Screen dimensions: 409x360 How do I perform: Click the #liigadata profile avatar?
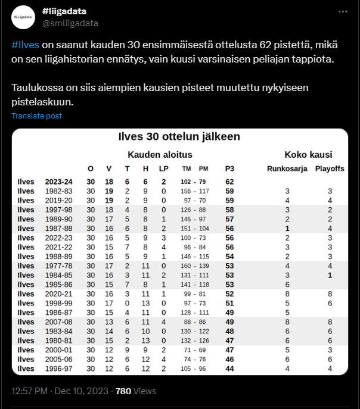[x=25, y=17]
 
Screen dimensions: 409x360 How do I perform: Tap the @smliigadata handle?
[x=70, y=23]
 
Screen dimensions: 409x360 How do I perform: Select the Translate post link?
[x=36, y=115]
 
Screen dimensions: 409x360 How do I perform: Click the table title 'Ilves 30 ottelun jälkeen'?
[x=179, y=137]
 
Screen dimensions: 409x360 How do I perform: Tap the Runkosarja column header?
[x=287, y=168]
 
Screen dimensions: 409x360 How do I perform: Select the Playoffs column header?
[x=330, y=168]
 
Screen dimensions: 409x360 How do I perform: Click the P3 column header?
[x=229, y=168]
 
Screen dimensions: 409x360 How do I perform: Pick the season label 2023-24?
[x=60, y=182]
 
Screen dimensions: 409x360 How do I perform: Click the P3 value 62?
[x=229, y=182]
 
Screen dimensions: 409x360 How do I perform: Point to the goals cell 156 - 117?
[x=195, y=191]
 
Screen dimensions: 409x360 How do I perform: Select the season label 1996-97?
[x=60, y=369]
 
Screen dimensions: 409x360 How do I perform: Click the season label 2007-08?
[x=60, y=322]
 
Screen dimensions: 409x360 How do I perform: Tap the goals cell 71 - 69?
[x=195, y=350]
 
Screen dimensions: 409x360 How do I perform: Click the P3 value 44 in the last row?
[x=229, y=369]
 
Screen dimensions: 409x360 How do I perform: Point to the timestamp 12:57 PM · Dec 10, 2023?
[x=60, y=391]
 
